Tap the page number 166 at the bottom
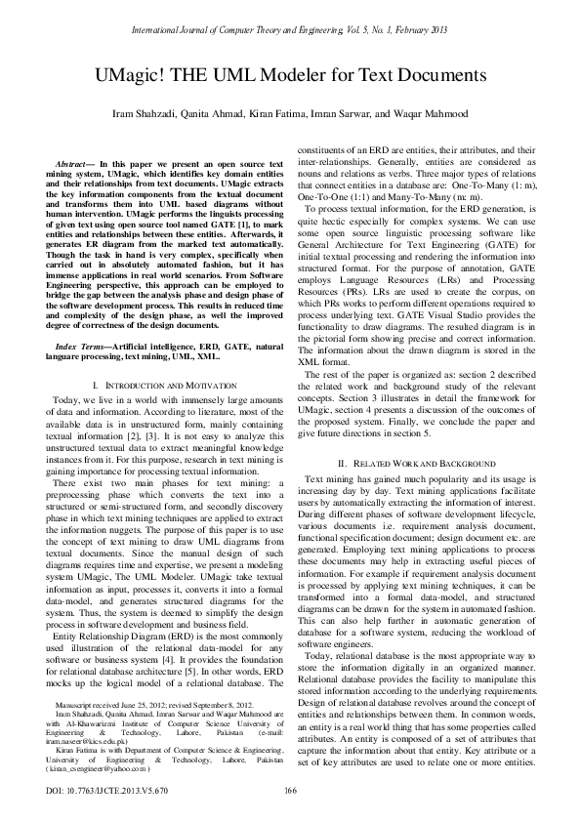pos(289,790)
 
